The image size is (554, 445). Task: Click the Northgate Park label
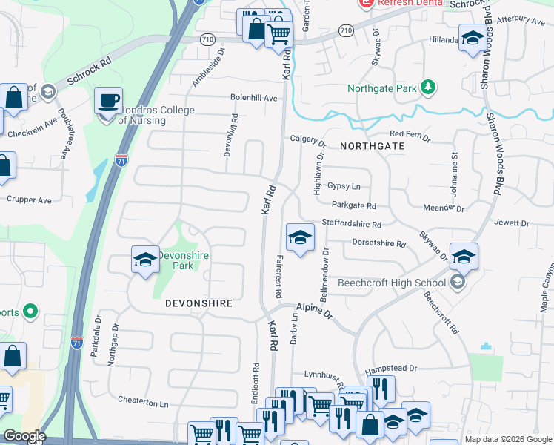pos(382,89)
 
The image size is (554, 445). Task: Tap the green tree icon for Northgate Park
pos(427,88)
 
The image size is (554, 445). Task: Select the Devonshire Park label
pos(183,260)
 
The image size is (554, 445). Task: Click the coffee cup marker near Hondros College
pos(109,100)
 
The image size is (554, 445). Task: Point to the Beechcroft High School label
pos(392,283)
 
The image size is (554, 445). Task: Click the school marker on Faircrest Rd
pos(300,238)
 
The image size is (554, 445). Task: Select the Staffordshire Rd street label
pos(351,223)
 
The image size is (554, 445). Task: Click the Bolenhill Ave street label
pos(253,98)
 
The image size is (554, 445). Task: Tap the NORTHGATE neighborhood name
pos(373,146)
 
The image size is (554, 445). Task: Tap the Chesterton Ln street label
pos(144,402)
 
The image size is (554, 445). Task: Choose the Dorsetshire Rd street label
pos(379,243)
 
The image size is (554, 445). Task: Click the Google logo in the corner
pos(24,436)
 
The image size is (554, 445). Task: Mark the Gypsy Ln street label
pos(344,186)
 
